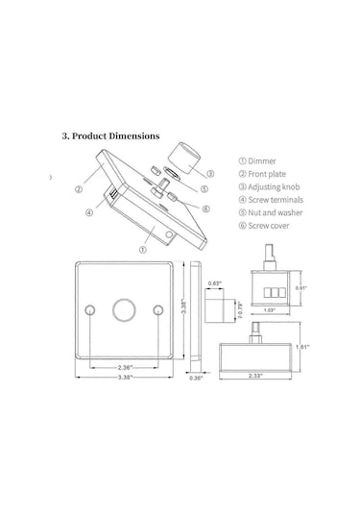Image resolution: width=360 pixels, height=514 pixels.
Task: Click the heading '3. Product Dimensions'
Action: [110, 136]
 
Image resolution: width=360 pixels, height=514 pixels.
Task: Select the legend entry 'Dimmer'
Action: [257, 161]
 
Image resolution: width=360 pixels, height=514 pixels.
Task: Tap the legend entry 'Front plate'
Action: [262, 174]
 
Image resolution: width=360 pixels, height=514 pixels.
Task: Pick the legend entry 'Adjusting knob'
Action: [269, 186]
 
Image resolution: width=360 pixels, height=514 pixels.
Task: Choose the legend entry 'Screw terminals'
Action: [272, 200]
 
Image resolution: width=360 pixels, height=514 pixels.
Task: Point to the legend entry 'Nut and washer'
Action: [271, 212]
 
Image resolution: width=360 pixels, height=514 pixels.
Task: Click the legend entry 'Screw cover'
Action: [264, 226]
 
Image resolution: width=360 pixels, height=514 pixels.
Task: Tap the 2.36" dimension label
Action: [125, 367]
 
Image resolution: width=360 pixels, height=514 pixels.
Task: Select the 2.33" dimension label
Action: [254, 376]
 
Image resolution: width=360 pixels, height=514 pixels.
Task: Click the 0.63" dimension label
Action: [215, 283]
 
